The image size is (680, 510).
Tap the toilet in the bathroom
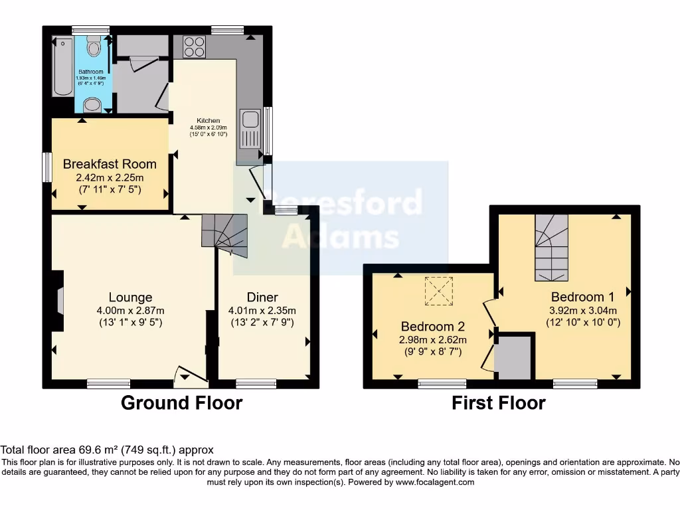pos(92,46)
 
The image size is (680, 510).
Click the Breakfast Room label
pos(110,164)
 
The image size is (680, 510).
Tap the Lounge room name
pos(131,297)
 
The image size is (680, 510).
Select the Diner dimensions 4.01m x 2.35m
pos(262,310)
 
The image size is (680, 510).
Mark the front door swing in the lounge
pos(190,377)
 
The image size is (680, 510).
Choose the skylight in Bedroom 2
pos(438,291)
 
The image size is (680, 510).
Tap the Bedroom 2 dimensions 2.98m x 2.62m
pos(432,339)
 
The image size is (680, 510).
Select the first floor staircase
pos(552,248)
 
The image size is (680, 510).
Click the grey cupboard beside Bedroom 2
pos(514,357)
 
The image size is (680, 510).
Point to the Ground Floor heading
pos(181,402)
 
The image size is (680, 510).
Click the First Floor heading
pos(499,402)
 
